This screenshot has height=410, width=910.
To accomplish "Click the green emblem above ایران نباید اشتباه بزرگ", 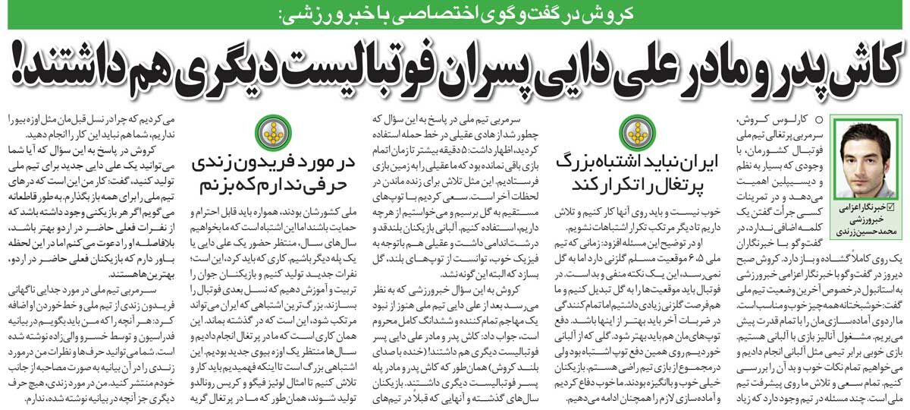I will click(635, 131).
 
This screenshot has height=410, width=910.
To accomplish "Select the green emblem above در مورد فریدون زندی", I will click(271, 131).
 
